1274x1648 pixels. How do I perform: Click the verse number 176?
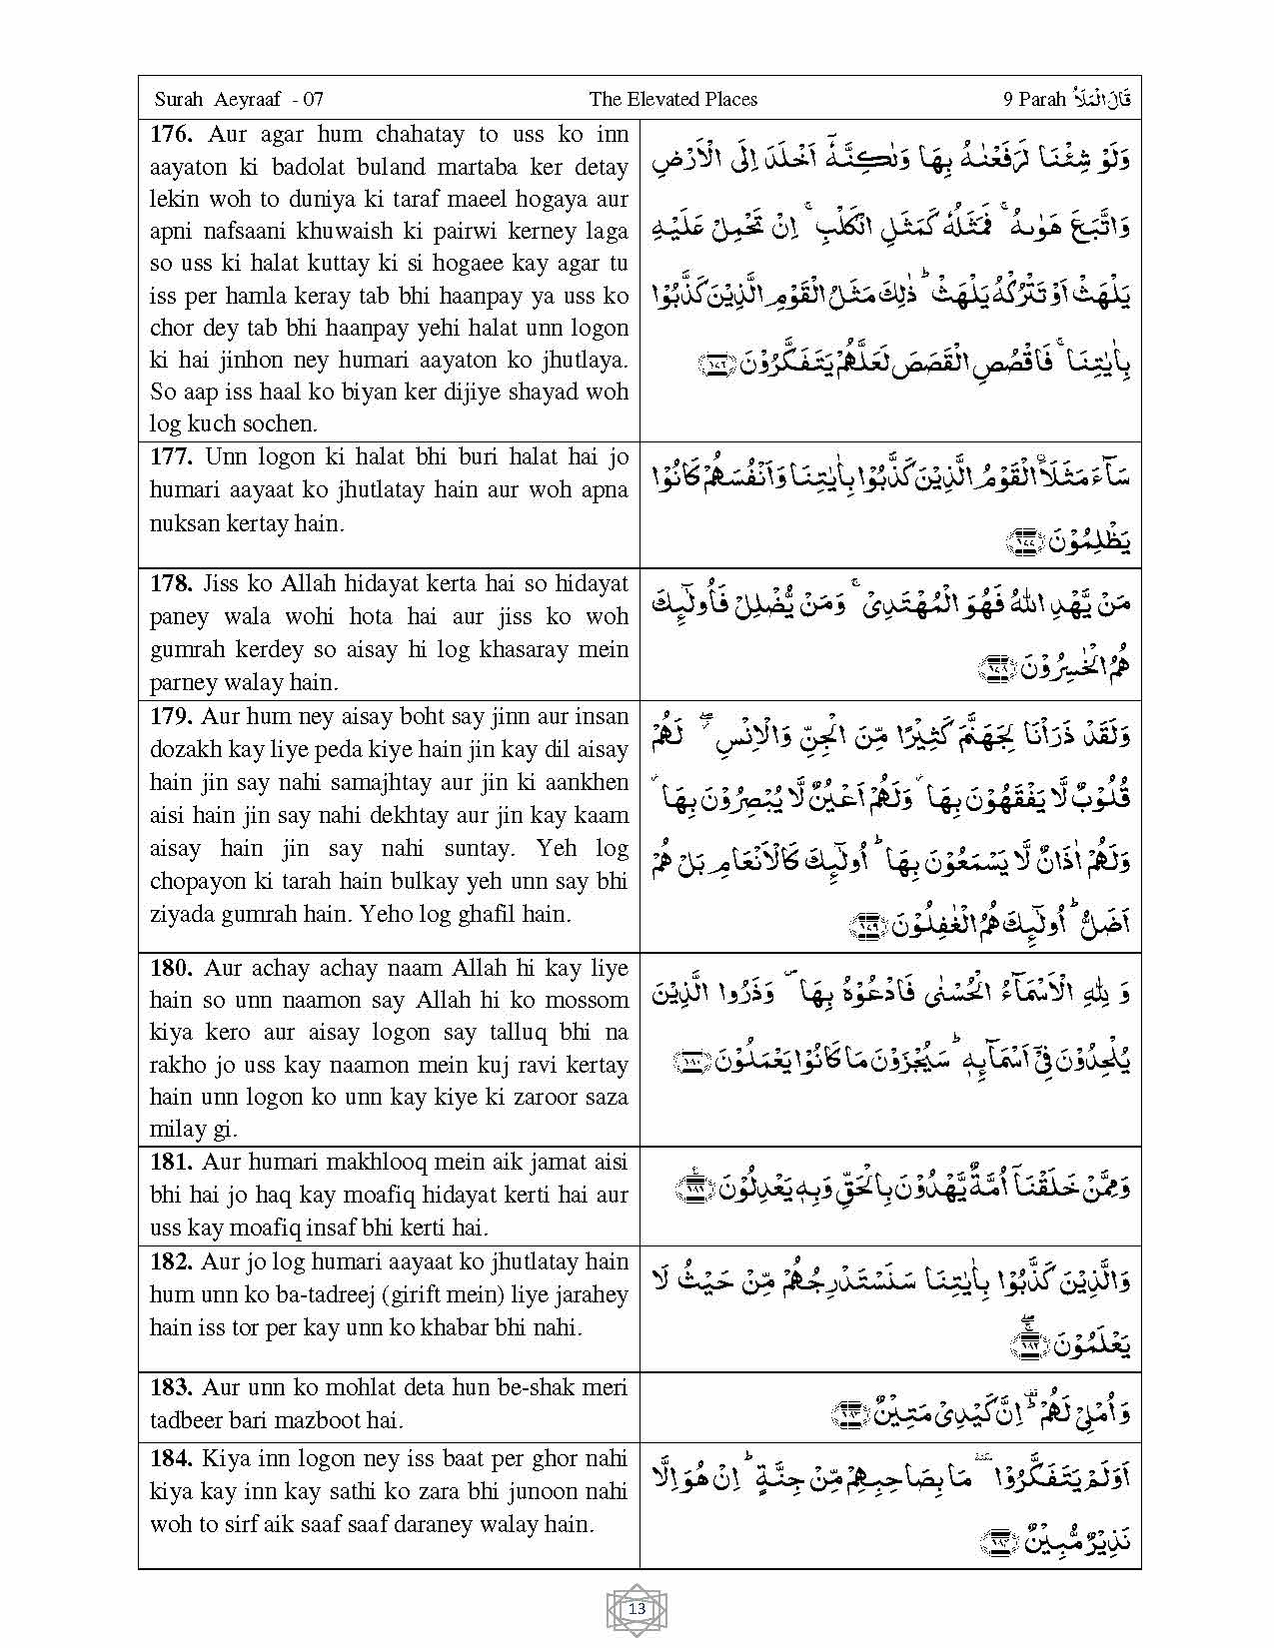(x=172, y=135)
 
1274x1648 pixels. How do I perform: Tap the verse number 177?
(x=172, y=457)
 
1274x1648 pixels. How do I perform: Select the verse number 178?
(x=172, y=583)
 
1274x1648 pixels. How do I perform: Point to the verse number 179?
(x=172, y=716)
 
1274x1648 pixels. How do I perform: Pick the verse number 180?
(x=172, y=968)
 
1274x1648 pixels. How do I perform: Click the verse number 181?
(x=172, y=1162)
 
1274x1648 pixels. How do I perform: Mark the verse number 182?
(x=172, y=1261)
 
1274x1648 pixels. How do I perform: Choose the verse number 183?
(x=172, y=1387)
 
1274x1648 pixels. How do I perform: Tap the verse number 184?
(x=172, y=1458)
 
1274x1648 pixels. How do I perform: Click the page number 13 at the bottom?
(x=637, y=1609)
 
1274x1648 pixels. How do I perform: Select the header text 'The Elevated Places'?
(x=672, y=99)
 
